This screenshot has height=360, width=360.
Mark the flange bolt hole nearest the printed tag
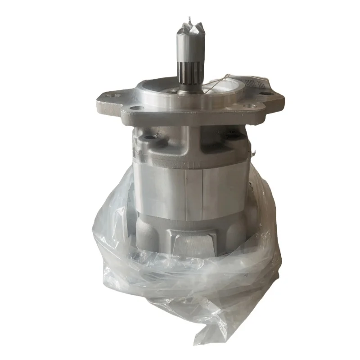tap(269, 94)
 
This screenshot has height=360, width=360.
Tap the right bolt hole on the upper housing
tap(230, 135)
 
